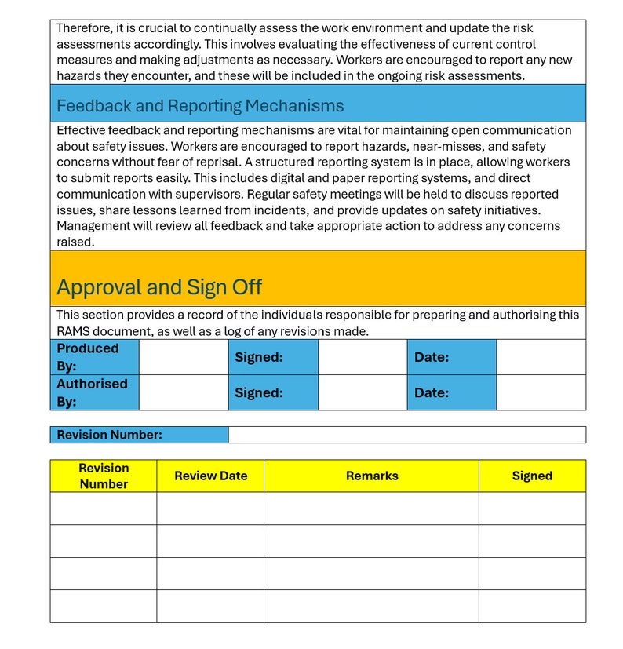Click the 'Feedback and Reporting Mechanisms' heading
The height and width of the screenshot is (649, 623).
(200, 106)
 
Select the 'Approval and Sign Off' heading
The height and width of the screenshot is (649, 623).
(159, 287)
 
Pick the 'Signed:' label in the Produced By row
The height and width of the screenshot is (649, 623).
(259, 357)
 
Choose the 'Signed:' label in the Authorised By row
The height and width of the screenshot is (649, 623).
(259, 392)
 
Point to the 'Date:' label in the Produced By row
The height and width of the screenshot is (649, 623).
(432, 357)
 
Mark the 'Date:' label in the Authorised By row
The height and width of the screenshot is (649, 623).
(432, 392)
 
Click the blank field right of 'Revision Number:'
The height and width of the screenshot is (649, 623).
(406, 435)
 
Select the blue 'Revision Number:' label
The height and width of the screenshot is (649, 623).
(110, 435)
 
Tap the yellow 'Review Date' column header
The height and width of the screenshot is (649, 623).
(210, 476)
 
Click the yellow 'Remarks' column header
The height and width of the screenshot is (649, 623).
(372, 476)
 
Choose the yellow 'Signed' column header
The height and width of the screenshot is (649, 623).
(532, 476)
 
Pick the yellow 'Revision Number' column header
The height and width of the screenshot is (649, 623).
(104, 476)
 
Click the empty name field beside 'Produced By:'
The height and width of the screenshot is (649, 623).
(184, 357)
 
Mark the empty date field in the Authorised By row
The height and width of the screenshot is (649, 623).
(541, 392)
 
